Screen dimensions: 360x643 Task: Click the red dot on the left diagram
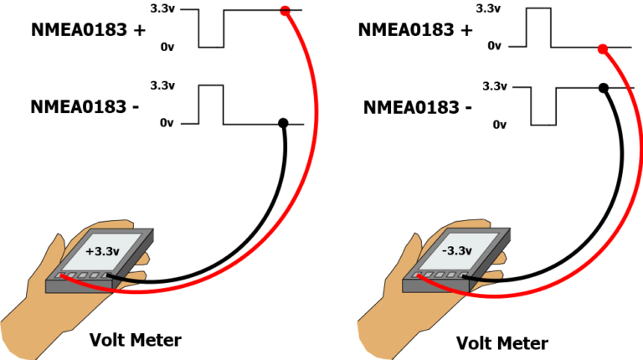[285, 11]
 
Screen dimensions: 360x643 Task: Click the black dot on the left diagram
[283, 123]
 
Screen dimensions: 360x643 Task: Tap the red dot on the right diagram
[602, 49]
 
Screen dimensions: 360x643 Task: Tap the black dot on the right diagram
[602, 86]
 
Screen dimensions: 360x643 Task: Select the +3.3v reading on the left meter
[102, 250]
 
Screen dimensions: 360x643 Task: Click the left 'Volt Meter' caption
[135, 340]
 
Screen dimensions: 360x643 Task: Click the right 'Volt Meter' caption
[502, 342]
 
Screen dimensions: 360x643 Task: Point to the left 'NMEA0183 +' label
[88, 30]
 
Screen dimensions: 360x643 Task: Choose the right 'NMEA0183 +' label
[414, 30]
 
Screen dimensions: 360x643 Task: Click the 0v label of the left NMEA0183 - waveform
[167, 124]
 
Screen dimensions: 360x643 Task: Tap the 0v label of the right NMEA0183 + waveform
[496, 47]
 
